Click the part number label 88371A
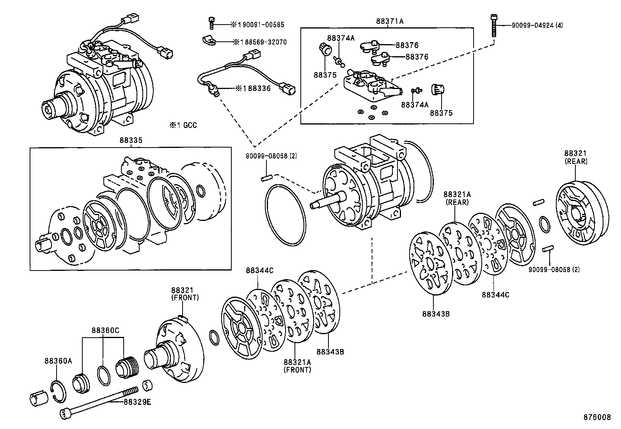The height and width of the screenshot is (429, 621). click(390, 21)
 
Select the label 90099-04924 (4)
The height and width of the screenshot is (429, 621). click(537, 26)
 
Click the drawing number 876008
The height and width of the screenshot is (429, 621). click(596, 417)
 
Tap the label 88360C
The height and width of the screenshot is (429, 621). click(105, 330)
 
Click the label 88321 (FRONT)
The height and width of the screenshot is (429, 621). click(185, 294)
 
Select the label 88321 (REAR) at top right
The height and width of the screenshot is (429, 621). click(576, 157)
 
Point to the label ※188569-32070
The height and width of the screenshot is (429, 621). click(259, 42)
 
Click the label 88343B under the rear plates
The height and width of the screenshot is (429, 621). click(436, 313)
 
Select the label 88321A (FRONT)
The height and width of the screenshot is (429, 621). click(297, 365)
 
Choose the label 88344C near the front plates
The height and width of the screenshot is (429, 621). click(259, 271)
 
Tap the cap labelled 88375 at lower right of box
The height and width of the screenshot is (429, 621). click(437, 90)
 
